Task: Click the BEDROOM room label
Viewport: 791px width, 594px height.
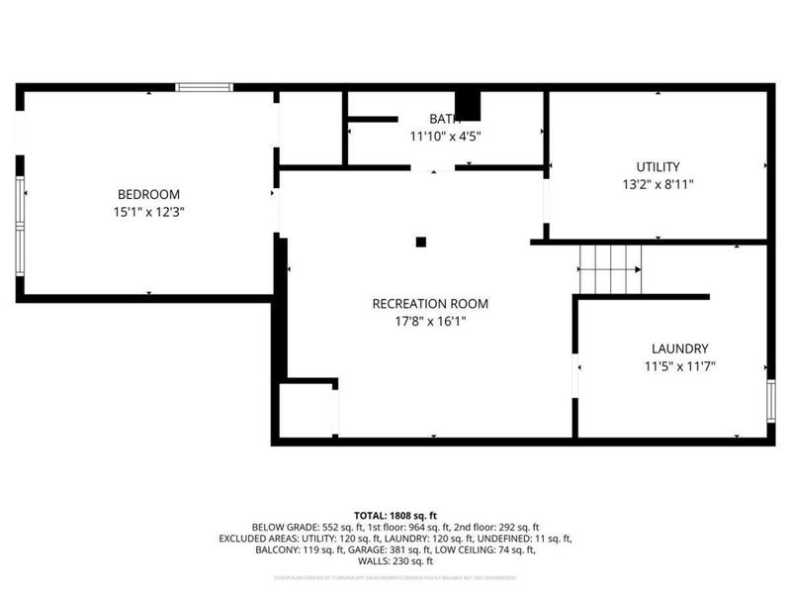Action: (x=148, y=195)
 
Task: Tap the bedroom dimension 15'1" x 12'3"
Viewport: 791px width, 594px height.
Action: (x=148, y=213)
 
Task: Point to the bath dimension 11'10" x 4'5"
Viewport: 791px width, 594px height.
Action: (x=445, y=137)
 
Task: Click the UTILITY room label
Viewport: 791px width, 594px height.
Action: (x=658, y=167)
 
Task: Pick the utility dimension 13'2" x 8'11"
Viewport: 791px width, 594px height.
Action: (x=658, y=185)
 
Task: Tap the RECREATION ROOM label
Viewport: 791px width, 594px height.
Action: (x=430, y=304)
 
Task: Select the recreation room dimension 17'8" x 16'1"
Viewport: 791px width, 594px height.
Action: (x=430, y=322)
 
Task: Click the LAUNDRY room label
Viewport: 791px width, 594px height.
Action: (x=679, y=348)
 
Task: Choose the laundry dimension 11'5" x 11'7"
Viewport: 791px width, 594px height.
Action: (x=679, y=366)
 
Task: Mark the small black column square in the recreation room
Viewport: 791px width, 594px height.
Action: (x=420, y=242)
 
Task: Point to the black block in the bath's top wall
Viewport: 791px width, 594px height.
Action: (x=467, y=105)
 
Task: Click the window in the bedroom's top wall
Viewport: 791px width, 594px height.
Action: (x=204, y=88)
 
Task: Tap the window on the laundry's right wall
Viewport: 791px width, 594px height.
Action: (x=770, y=400)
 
